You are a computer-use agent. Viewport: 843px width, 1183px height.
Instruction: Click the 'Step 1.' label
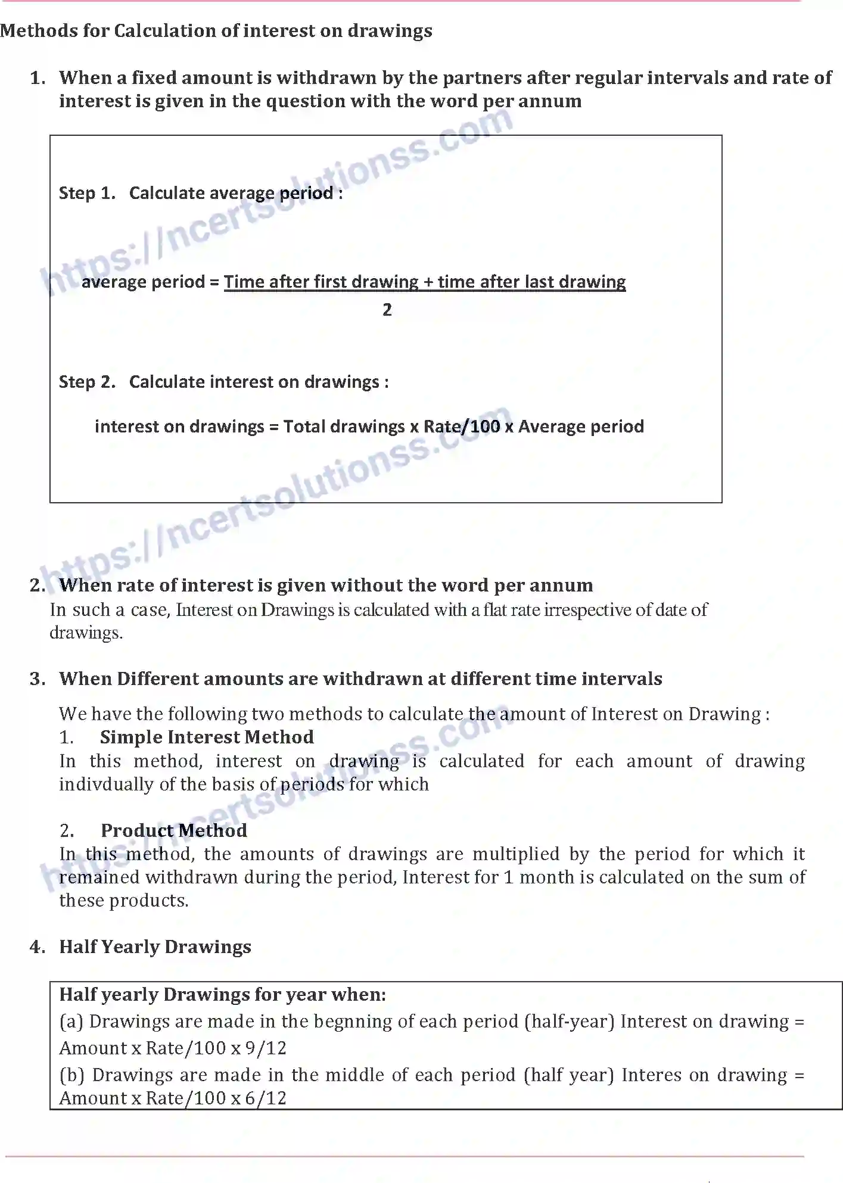point(87,193)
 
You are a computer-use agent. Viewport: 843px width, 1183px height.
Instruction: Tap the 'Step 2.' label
point(87,382)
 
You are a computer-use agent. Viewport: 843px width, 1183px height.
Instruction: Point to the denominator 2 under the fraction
point(387,310)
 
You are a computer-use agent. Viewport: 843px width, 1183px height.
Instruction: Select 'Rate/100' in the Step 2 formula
point(462,426)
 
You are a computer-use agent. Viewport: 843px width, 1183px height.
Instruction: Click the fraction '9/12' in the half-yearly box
point(266,1048)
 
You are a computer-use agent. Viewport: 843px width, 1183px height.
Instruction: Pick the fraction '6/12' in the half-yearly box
point(266,1098)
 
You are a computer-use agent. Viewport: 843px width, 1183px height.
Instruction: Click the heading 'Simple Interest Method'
point(207,737)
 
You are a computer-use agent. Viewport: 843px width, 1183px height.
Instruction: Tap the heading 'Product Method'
point(173,830)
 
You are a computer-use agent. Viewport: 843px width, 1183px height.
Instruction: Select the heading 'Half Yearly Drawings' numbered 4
point(155,947)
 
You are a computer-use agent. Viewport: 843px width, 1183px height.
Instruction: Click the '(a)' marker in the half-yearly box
point(71,1022)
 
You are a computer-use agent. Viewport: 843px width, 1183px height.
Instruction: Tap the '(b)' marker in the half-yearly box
point(72,1075)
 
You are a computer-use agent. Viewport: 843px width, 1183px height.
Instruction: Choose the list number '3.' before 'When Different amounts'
point(38,679)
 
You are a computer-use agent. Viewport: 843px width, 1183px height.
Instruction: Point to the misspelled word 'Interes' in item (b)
point(651,1075)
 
